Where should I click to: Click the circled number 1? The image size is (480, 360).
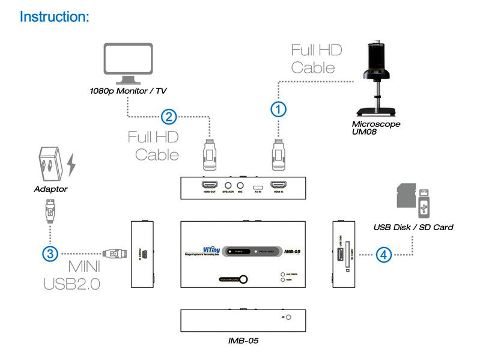tap(278, 109)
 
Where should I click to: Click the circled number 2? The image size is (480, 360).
tap(169, 116)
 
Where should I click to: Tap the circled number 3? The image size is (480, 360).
tap(50, 254)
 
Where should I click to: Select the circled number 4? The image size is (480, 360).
tap(384, 254)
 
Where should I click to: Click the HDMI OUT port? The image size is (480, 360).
tap(210, 186)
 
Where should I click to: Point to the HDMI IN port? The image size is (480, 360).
tap(279, 186)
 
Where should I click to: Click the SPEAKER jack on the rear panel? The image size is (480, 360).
tap(228, 186)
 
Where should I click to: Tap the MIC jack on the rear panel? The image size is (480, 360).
tap(240, 186)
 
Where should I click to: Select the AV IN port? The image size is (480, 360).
tap(257, 186)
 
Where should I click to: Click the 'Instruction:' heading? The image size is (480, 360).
tap(54, 16)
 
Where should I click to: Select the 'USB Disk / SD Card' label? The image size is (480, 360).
tap(413, 227)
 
